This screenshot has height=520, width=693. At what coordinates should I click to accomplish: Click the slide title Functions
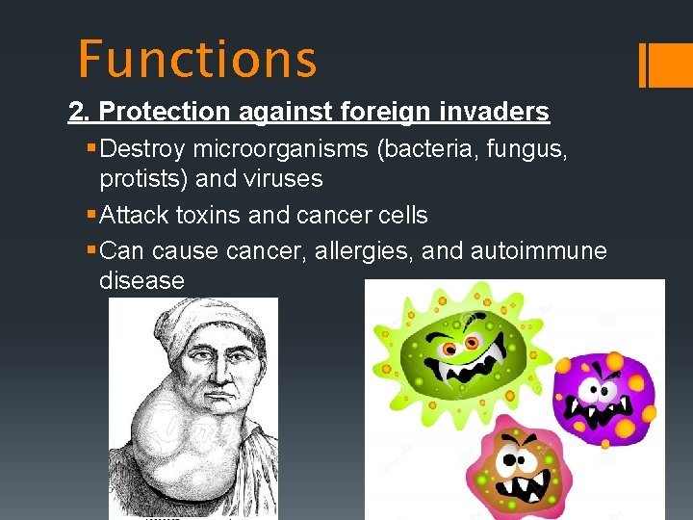tap(197, 59)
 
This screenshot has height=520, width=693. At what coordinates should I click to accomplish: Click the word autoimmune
tap(539, 250)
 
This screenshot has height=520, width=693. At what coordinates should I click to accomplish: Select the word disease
tap(141, 281)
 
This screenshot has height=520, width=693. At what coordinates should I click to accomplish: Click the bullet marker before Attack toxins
tap(90, 215)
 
